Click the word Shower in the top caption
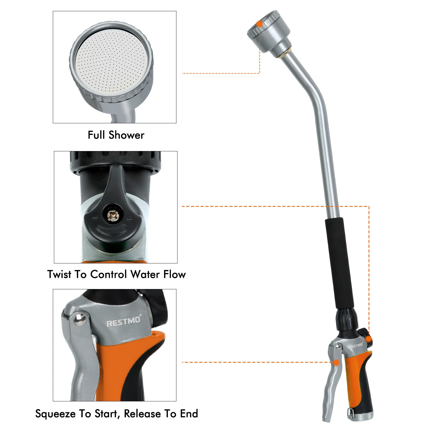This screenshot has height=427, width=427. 126,135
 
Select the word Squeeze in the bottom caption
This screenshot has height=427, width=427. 56,414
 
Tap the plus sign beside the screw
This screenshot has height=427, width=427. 130,220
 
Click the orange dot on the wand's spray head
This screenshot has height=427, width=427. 259,24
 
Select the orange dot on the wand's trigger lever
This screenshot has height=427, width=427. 337,362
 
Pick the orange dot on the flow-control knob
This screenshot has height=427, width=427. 369,339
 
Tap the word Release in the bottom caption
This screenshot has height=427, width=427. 143,414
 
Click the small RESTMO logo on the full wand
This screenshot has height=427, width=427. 356,346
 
